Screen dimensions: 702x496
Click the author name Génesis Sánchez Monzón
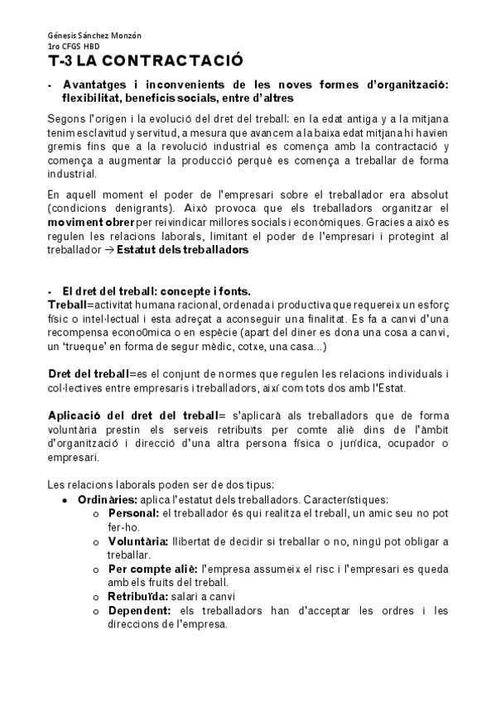tap(94, 35)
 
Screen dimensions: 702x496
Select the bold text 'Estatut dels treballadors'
tap(182, 248)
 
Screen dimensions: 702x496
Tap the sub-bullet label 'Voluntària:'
tap(137, 541)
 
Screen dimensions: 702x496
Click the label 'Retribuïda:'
tap(137, 597)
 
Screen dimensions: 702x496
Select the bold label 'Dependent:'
tap(139, 611)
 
